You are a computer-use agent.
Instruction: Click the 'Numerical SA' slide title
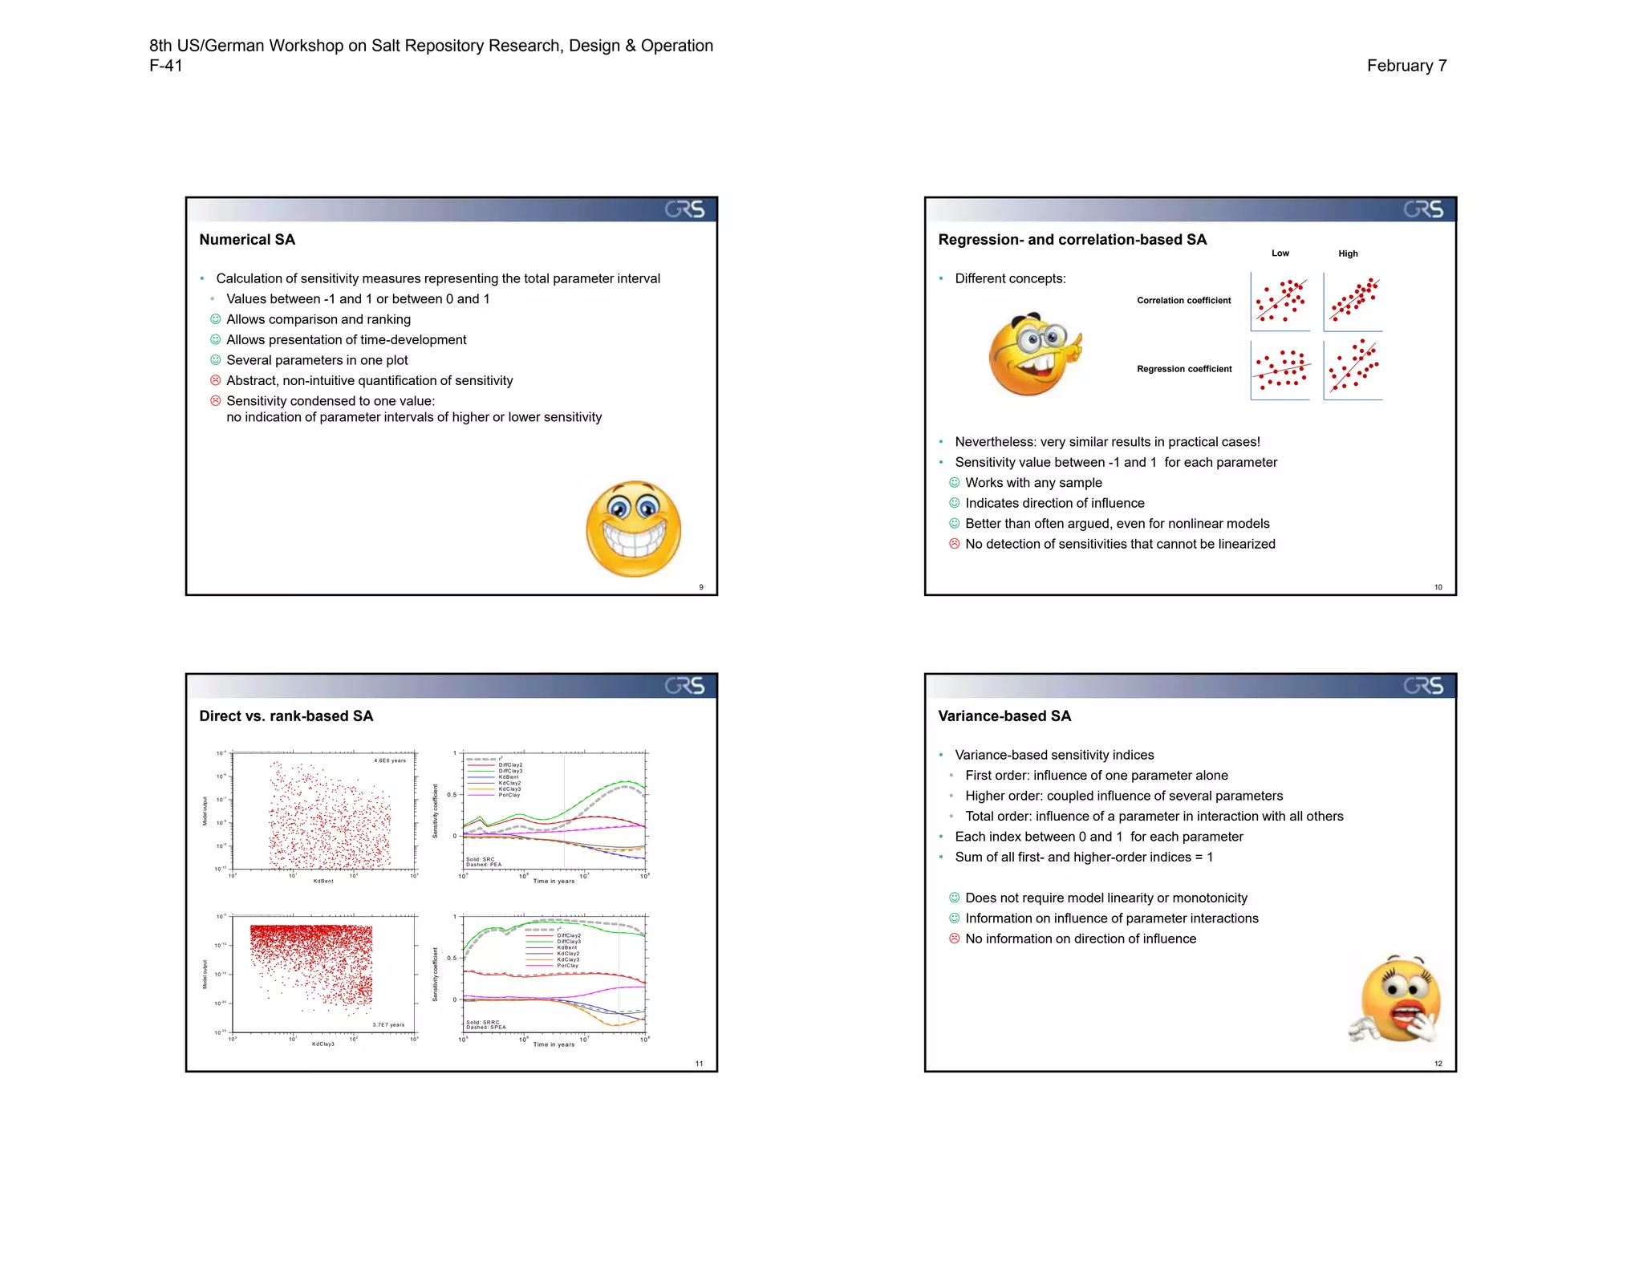click(247, 240)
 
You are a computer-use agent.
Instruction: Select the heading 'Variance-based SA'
click(1004, 716)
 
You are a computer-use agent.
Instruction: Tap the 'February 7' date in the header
click(1406, 66)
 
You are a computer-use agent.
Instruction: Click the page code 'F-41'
click(166, 66)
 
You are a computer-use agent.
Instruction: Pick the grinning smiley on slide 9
click(634, 529)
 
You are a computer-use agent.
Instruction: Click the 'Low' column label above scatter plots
click(1280, 253)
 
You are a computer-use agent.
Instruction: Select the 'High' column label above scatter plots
click(1348, 253)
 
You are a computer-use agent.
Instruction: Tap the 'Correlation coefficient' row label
click(1183, 301)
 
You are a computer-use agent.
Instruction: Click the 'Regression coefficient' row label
click(1184, 369)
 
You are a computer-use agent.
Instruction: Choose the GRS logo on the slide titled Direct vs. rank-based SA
click(684, 686)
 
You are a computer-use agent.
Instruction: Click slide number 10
click(1438, 587)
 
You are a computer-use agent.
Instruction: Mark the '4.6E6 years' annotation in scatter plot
click(390, 760)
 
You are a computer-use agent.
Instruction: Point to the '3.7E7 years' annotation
click(388, 1025)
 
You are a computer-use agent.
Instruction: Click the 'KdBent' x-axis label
click(323, 881)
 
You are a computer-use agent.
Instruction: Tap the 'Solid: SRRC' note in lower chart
click(483, 1022)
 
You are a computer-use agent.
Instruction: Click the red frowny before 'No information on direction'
click(954, 939)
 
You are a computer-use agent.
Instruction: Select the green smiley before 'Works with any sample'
click(954, 483)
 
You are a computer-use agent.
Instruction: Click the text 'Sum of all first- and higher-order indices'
click(1075, 857)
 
